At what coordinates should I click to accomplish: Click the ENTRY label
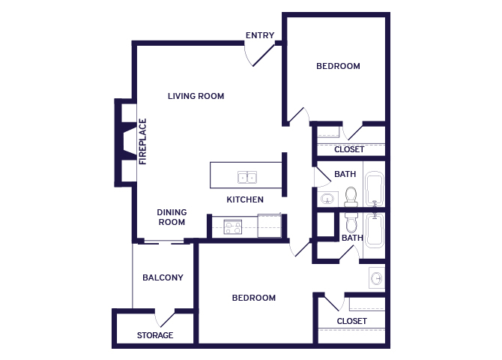[x=260, y=35]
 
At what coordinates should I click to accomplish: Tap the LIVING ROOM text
[x=196, y=96]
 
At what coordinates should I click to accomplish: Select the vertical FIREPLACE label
[x=143, y=141]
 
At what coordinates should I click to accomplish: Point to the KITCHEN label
[x=245, y=199]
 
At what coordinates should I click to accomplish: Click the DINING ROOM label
[x=172, y=217]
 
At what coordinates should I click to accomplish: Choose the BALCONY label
[x=163, y=277]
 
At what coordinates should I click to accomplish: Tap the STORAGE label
[x=155, y=335]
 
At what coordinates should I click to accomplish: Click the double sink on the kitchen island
[x=247, y=177]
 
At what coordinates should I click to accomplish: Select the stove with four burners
[x=233, y=227]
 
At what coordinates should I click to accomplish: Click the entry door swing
[x=259, y=55]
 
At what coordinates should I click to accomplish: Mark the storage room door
[x=165, y=319]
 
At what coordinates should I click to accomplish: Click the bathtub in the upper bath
[x=375, y=188]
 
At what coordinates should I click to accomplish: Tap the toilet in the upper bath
[x=351, y=196]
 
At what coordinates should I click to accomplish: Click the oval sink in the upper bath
[x=327, y=199]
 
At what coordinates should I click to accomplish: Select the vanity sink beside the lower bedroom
[x=376, y=278]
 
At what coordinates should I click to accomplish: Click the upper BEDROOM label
[x=338, y=66]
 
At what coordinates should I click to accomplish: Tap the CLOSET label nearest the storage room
[x=351, y=321]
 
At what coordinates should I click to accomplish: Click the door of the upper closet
[x=352, y=133]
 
